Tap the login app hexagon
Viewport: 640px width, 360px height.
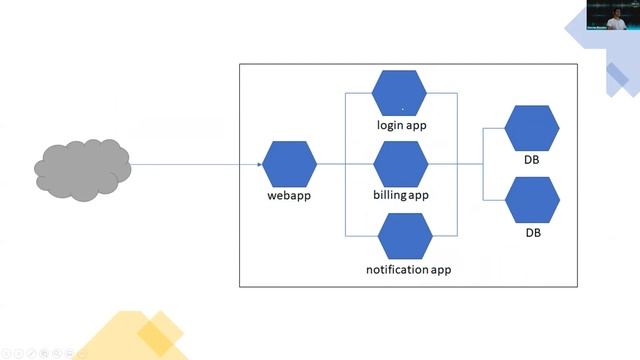(399, 93)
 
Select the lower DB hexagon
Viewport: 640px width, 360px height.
(531, 200)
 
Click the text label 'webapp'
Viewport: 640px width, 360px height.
(289, 195)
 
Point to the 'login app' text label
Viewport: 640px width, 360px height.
(401, 125)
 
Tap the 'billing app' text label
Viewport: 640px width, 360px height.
(401, 195)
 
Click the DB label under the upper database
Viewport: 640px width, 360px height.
(532, 160)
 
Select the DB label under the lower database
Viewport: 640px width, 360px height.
(532, 232)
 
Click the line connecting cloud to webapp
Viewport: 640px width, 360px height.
(195, 164)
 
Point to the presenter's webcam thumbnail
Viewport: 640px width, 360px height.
(612, 17)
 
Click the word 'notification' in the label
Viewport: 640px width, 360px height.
(397, 270)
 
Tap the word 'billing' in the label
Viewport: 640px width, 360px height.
(389, 195)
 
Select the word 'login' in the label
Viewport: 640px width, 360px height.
(389, 125)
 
